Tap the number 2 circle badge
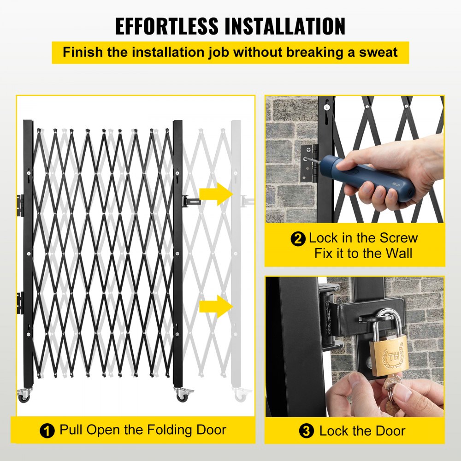pos(298,239)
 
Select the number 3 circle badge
pos(306,432)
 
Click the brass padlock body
pos(389,355)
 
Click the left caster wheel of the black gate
pos(24,396)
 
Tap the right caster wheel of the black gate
pos(181,396)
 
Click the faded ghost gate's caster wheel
pos(240,395)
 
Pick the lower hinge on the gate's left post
pos(20,302)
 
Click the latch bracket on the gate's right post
pos(189,201)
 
